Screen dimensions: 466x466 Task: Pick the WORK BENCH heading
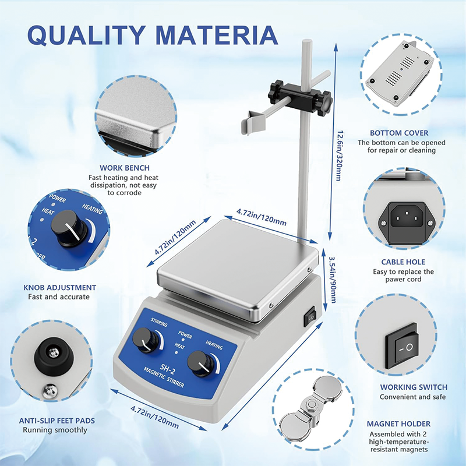pos(123,168)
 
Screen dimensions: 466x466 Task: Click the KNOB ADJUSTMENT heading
pos(59,287)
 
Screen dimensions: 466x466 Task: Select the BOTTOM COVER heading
pos(402,133)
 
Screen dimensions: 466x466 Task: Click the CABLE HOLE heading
pos(403,262)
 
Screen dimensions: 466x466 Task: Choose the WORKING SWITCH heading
pos(414,387)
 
